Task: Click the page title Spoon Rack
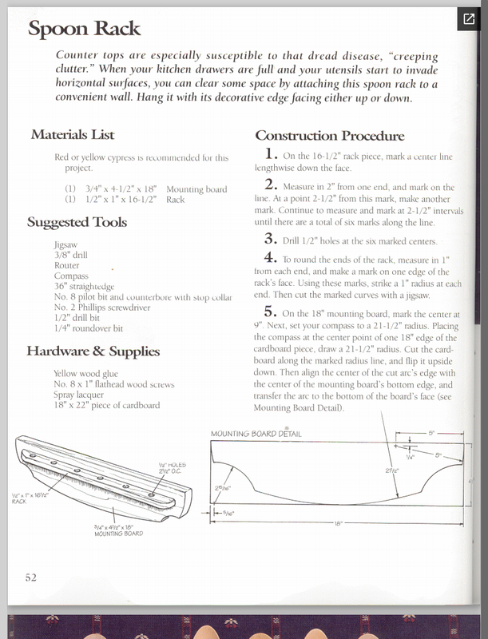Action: pos(84,29)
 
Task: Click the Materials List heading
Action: pos(73,134)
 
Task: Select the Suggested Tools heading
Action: pos(77,222)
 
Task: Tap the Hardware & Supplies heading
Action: pos(93,351)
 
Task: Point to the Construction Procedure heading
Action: pos(329,136)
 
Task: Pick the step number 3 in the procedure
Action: pos(271,238)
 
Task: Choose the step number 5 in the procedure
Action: pos(271,312)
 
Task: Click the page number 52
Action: pos(30,577)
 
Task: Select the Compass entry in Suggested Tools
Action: pos(71,276)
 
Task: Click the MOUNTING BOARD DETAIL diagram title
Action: pos(256,434)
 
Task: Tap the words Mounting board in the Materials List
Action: pos(196,189)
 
